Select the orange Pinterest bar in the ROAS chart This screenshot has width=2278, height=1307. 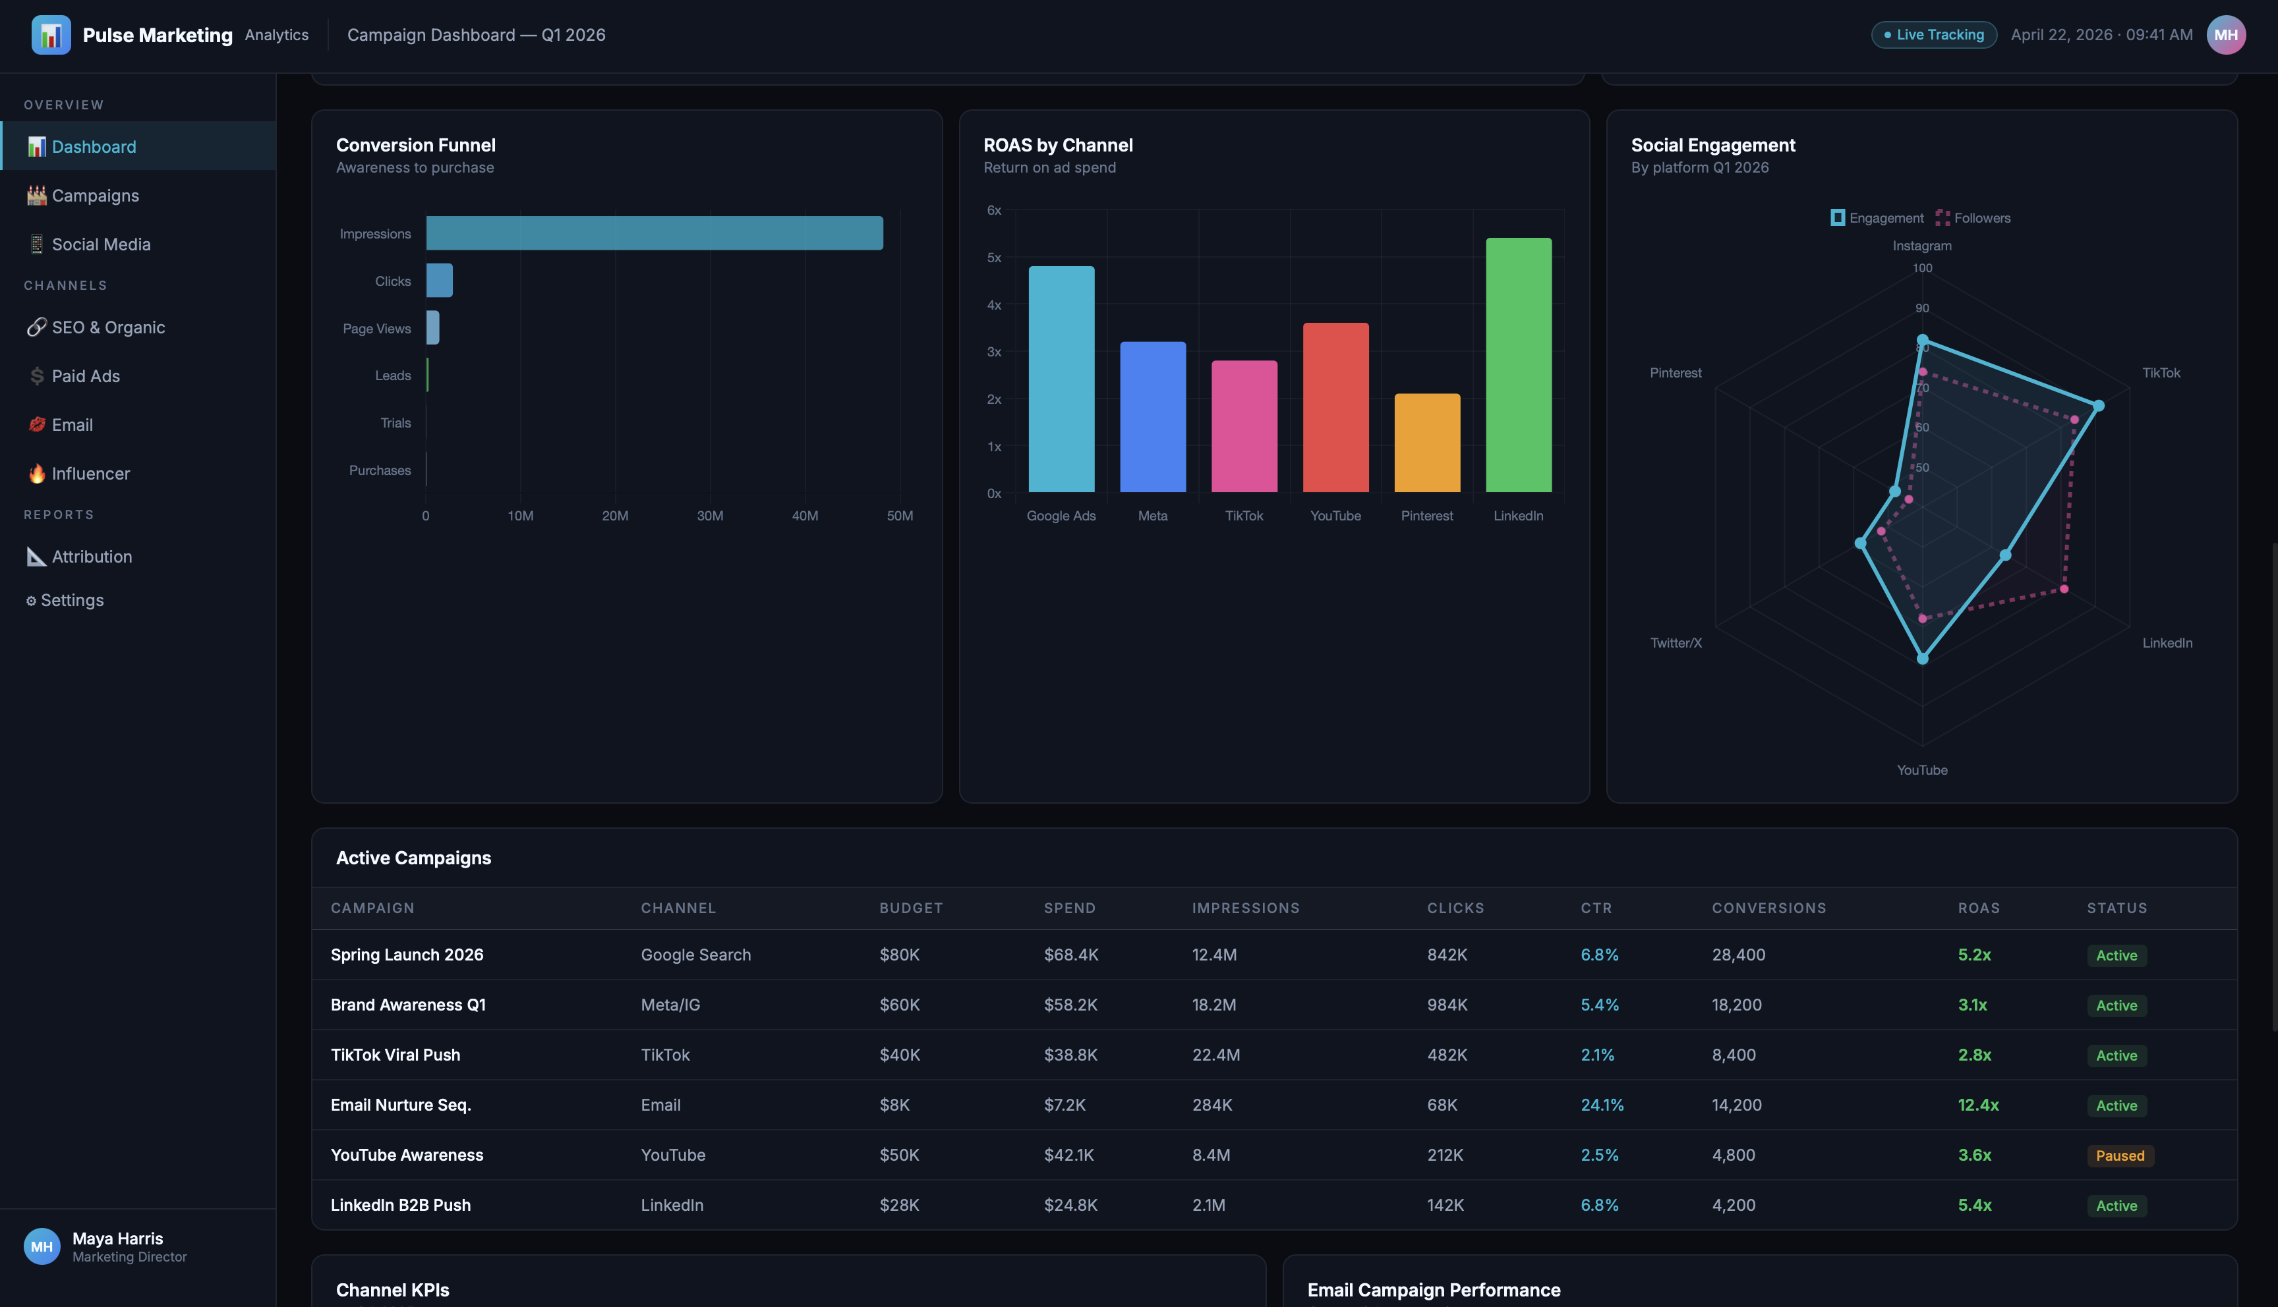(1427, 443)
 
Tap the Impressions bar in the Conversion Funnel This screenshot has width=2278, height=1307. (655, 233)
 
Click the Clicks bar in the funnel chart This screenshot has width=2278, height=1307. (439, 280)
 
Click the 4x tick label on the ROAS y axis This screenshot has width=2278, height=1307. (994, 305)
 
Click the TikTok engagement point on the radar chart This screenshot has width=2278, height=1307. (2099, 406)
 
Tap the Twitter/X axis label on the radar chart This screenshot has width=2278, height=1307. (1676, 643)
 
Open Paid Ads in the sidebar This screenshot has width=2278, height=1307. (85, 376)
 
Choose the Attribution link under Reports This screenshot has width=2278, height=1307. (92, 557)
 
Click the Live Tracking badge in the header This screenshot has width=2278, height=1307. (1933, 35)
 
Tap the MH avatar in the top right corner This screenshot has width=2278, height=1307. (2226, 35)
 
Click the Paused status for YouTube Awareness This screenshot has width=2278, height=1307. (2120, 1155)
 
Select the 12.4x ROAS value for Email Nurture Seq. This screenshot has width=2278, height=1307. (1978, 1105)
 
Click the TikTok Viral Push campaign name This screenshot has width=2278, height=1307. (395, 1055)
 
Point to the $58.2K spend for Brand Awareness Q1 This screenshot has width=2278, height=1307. (1070, 1005)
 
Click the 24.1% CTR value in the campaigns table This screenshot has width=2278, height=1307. (1602, 1105)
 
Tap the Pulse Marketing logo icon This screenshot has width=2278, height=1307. (51, 35)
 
